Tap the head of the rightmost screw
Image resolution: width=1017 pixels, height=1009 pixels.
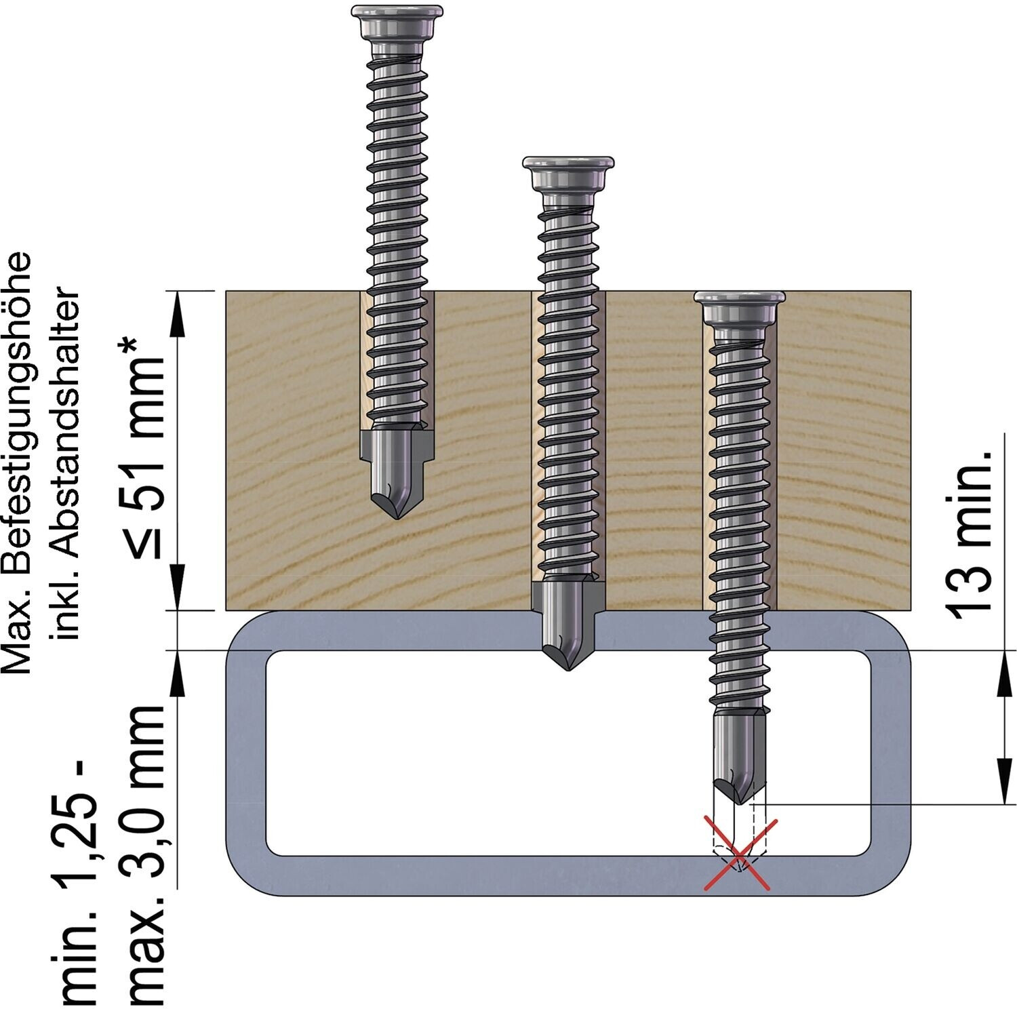click(740, 307)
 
